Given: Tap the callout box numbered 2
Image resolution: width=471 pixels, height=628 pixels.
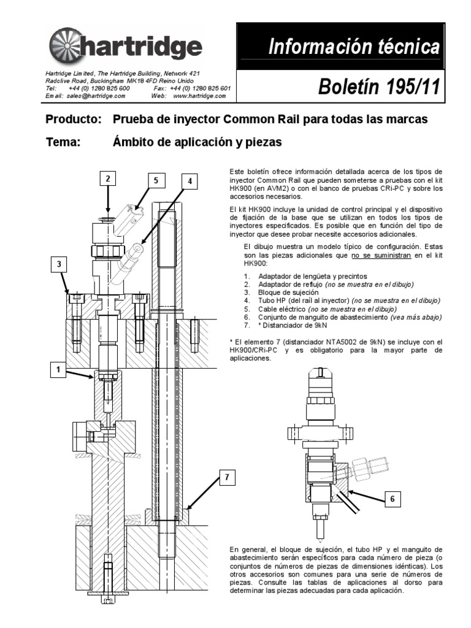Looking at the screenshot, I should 107,179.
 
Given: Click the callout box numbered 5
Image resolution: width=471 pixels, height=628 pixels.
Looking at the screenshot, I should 156,180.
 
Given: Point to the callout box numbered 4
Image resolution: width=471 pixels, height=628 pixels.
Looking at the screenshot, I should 191,181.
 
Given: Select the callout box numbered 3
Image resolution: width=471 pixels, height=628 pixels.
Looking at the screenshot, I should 59,264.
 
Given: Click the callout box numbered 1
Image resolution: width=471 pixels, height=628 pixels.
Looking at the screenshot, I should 59,370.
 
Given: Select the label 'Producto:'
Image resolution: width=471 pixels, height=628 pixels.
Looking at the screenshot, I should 73,118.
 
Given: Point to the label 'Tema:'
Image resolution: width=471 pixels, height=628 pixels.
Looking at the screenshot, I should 64,142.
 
